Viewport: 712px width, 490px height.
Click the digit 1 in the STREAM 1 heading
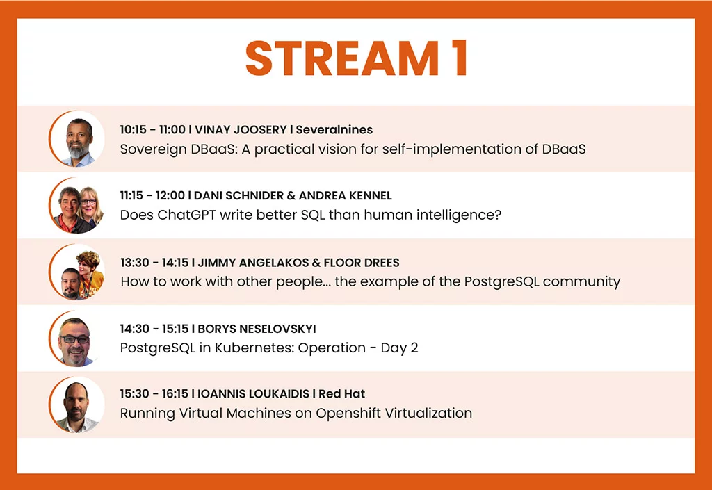pos(459,58)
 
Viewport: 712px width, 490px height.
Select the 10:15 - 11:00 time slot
pos(152,130)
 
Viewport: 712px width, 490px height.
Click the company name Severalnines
pos(334,130)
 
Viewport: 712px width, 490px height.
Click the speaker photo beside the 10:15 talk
pos(76,138)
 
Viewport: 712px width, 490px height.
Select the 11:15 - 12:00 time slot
pos(152,195)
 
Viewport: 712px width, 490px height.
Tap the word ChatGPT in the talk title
pos(186,214)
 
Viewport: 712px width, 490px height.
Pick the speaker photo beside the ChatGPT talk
pos(76,205)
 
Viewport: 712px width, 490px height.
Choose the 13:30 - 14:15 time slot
pos(154,263)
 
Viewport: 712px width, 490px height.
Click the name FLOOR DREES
pos(362,263)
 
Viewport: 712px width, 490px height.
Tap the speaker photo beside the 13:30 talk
pos(76,272)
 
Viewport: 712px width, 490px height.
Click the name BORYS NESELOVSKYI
pos(257,329)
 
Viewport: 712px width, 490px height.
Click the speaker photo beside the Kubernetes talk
pos(76,338)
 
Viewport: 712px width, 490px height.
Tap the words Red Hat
pos(341,394)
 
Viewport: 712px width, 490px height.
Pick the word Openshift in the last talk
pos(348,414)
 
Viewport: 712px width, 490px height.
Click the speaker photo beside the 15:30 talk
pos(76,405)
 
